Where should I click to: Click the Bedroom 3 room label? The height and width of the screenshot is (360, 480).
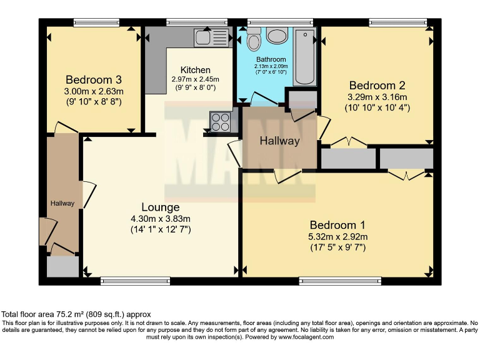pyautogui.click(x=93, y=80)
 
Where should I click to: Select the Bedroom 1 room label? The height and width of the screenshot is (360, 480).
pyautogui.click(x=338, y=225)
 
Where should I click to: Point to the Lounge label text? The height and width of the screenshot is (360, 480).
pyautogui.click(x=161, y=207)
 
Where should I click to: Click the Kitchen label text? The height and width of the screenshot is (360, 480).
pyautogui.click(x=195, y=70)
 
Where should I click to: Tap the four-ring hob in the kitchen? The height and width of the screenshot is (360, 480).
pyautogui.click(x=220, y=121)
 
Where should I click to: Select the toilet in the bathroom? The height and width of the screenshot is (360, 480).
pyautogui.click(x=254, y=39)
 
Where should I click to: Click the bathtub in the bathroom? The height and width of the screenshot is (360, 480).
pyautogui.click(x=306, y=56)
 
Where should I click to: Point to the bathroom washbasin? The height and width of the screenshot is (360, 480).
pyautogui.click(x=276, y=36)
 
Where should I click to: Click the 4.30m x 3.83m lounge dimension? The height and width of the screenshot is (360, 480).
pyautogui.click(x=161, y=219)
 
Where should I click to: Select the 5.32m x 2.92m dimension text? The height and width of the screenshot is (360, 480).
pyautogui.click(x=338, y=236)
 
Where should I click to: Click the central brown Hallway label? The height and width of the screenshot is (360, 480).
pyautogui.click(x=279, y=141)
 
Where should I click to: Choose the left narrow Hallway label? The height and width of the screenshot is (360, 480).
pyautogui.click(x=62, y=203)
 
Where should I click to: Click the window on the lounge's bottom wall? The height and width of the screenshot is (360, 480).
pyautogui.click(x=126, y=281)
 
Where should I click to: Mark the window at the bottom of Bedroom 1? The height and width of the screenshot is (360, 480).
pyautogui.click(x=340, y=281)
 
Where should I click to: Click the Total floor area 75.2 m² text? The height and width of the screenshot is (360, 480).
pyautogui.click(x=76, y=314)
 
